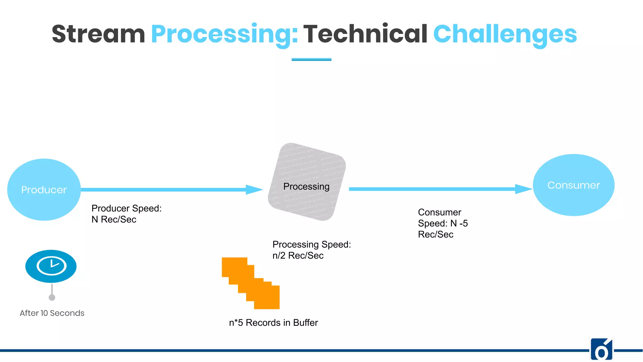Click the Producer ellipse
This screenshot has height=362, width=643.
(44, 189)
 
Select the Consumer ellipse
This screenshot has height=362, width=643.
(573, 185)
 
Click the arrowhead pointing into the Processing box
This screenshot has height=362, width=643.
(254, 189)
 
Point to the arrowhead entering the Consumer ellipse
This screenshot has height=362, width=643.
(524, 189)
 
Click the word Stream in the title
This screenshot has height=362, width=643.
(98, 34)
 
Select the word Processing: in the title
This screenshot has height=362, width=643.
(224, 34)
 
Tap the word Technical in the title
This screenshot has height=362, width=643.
(365, 34)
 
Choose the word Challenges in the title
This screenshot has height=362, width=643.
(505, 34)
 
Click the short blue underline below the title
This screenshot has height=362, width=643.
(311, 59)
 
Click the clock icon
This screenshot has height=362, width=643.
(51, 266)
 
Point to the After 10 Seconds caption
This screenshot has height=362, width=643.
(52, 313)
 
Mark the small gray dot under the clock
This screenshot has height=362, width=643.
(52, 297)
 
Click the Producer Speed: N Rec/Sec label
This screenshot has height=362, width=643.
(126, 214)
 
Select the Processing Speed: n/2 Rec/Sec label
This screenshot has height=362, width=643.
(311, 250)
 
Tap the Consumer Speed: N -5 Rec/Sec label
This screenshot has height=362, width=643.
(443, 223)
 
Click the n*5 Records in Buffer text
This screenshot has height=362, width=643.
(273, 323)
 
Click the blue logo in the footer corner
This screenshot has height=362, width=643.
(601, 349)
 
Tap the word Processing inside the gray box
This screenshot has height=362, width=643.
(306, 186)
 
